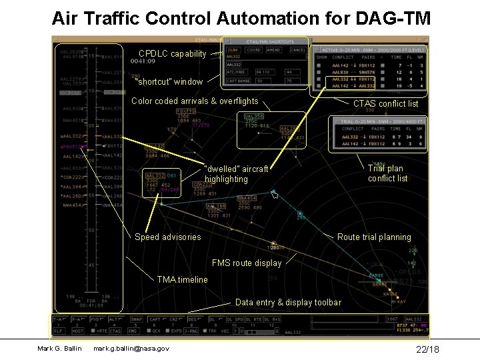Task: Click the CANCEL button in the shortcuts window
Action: coord(298,50)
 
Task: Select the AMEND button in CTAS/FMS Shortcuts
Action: coord(274,50)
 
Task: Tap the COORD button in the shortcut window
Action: coord(253,50)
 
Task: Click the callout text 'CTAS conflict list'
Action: coord(385,104)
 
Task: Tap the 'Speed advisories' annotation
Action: coord(167,237)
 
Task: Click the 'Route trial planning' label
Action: coord(374,237)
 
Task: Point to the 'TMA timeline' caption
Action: coord(182,280)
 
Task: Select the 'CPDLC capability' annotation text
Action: coord(173,54)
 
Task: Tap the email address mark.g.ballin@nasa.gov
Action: coord(131,349)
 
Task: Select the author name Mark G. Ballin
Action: coord(59,349)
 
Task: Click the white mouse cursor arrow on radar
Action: coord(274,195)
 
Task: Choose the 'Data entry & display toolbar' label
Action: coord(288,303)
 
